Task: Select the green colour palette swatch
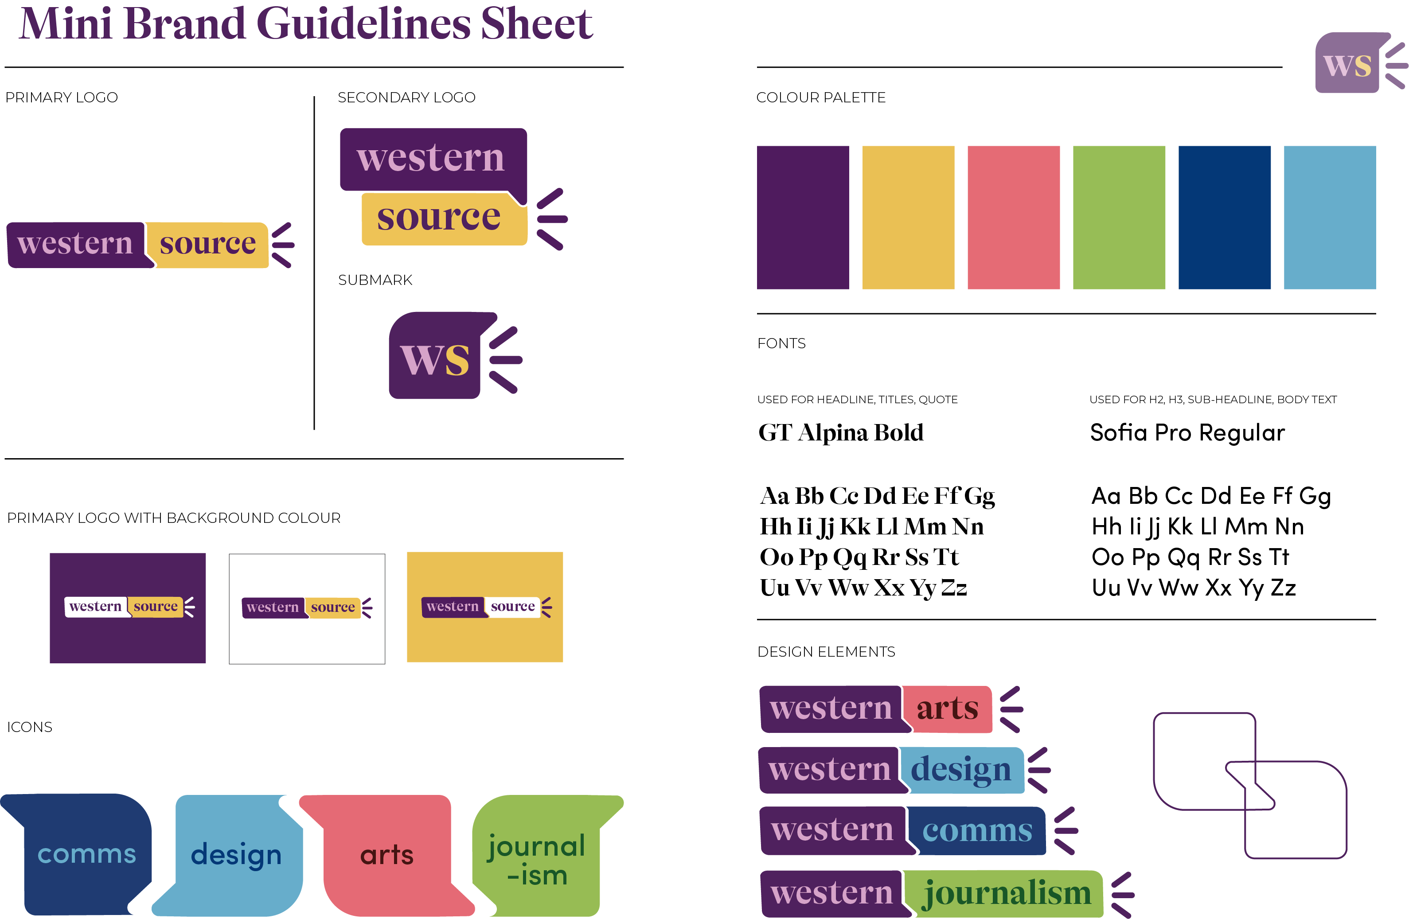(x=1118, y=217)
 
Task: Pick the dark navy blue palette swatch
(x=1224, y=217)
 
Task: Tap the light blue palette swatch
(x=1329, y=217)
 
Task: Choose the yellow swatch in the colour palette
(x=908, y=217)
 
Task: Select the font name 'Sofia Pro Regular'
(x=1187, y=432)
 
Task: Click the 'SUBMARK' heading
(x=375, y=280)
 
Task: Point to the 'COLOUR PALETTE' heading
(x=820, y=97)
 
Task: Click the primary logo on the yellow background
(x=485, y=607)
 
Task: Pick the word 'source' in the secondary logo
(x=439, y=217)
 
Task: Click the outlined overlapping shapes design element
(x=1249, y=785)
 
